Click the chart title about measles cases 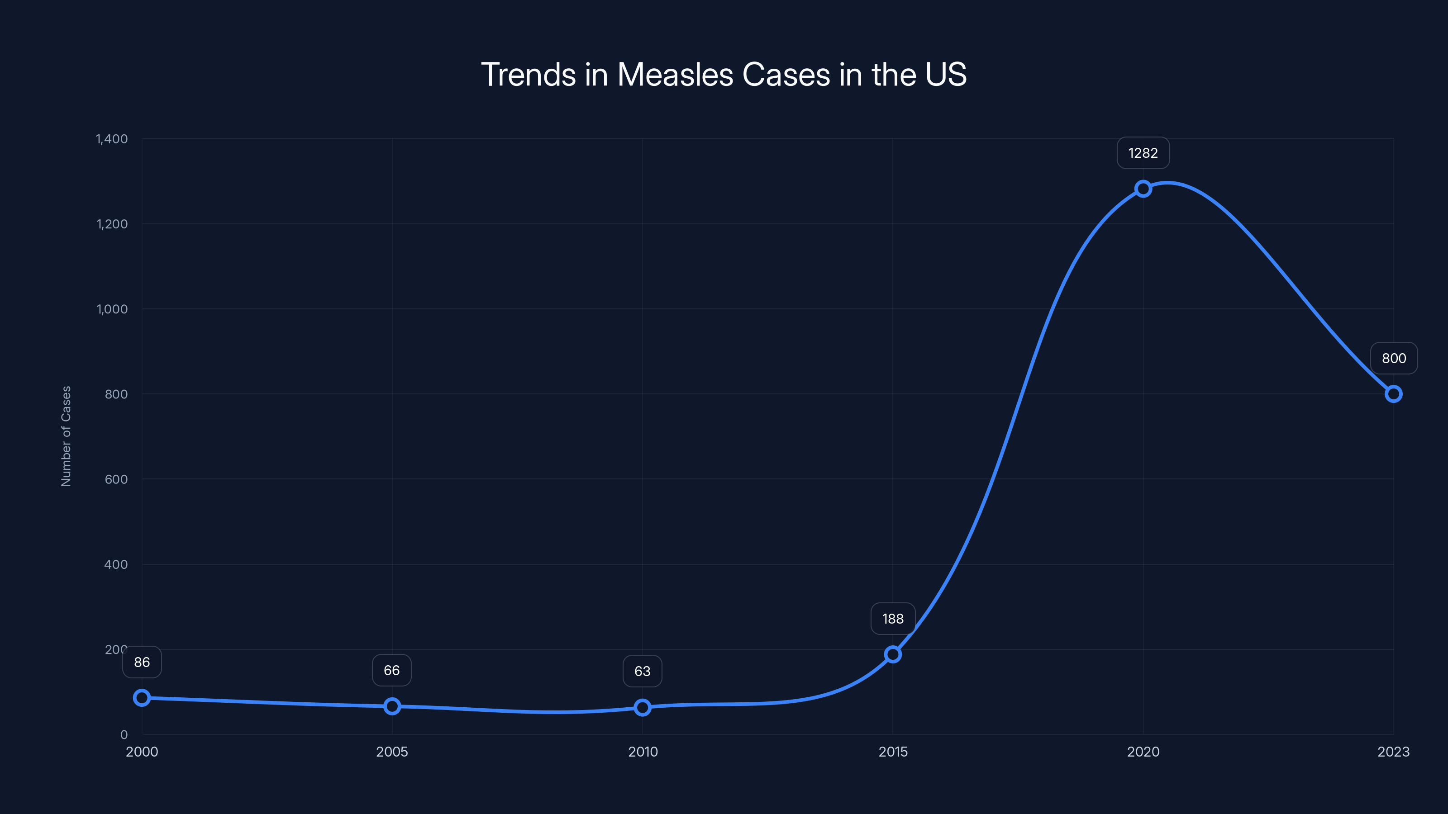(x=724, y=74)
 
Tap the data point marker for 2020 (x=1143, y=189)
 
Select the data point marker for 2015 (x=893, y=654)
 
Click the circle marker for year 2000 (x=142, y=698)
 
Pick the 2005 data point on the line (x=392, y=706)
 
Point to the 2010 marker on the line (x=643, y=707)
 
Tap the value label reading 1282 (x=1143, y=153)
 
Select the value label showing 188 (x=893, y=619)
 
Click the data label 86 (x=142, y=663)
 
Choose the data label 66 (x=392, y=670)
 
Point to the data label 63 (x=643, y=671)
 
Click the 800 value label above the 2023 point (x=1394, y=359)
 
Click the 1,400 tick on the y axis (x=112, y=139)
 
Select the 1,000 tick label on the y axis (x=112, y=309)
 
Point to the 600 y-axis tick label (x=116, y=479)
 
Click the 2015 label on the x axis (x=893, y=752)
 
